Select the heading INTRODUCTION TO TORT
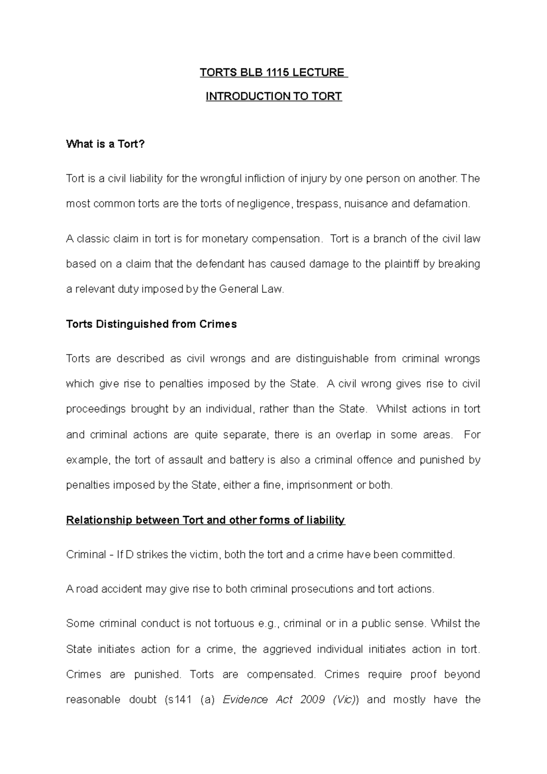click(273, 97)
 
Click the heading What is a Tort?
click(105, 144)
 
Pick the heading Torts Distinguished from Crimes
click(151, 325)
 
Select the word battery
click(248, 460)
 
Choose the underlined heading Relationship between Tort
click(206, 521)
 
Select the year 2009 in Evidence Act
click(313, 700)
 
